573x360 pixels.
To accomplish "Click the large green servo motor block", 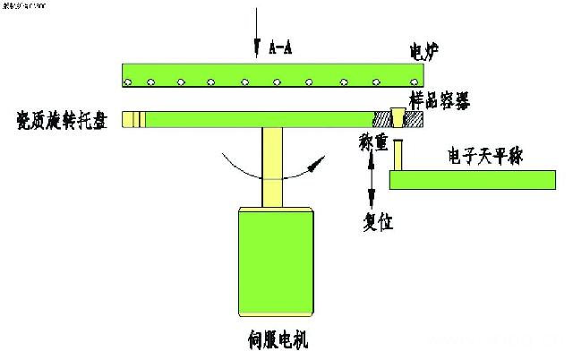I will (275, 262).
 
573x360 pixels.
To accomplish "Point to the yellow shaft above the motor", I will (274, 167).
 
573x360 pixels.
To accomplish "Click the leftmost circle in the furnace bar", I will (128, 82).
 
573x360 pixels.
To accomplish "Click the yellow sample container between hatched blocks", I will (399, 117).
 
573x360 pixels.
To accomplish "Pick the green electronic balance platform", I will (473, 179).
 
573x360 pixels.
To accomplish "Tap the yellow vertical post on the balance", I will (399, 154).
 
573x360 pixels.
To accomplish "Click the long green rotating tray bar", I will (260, 119).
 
